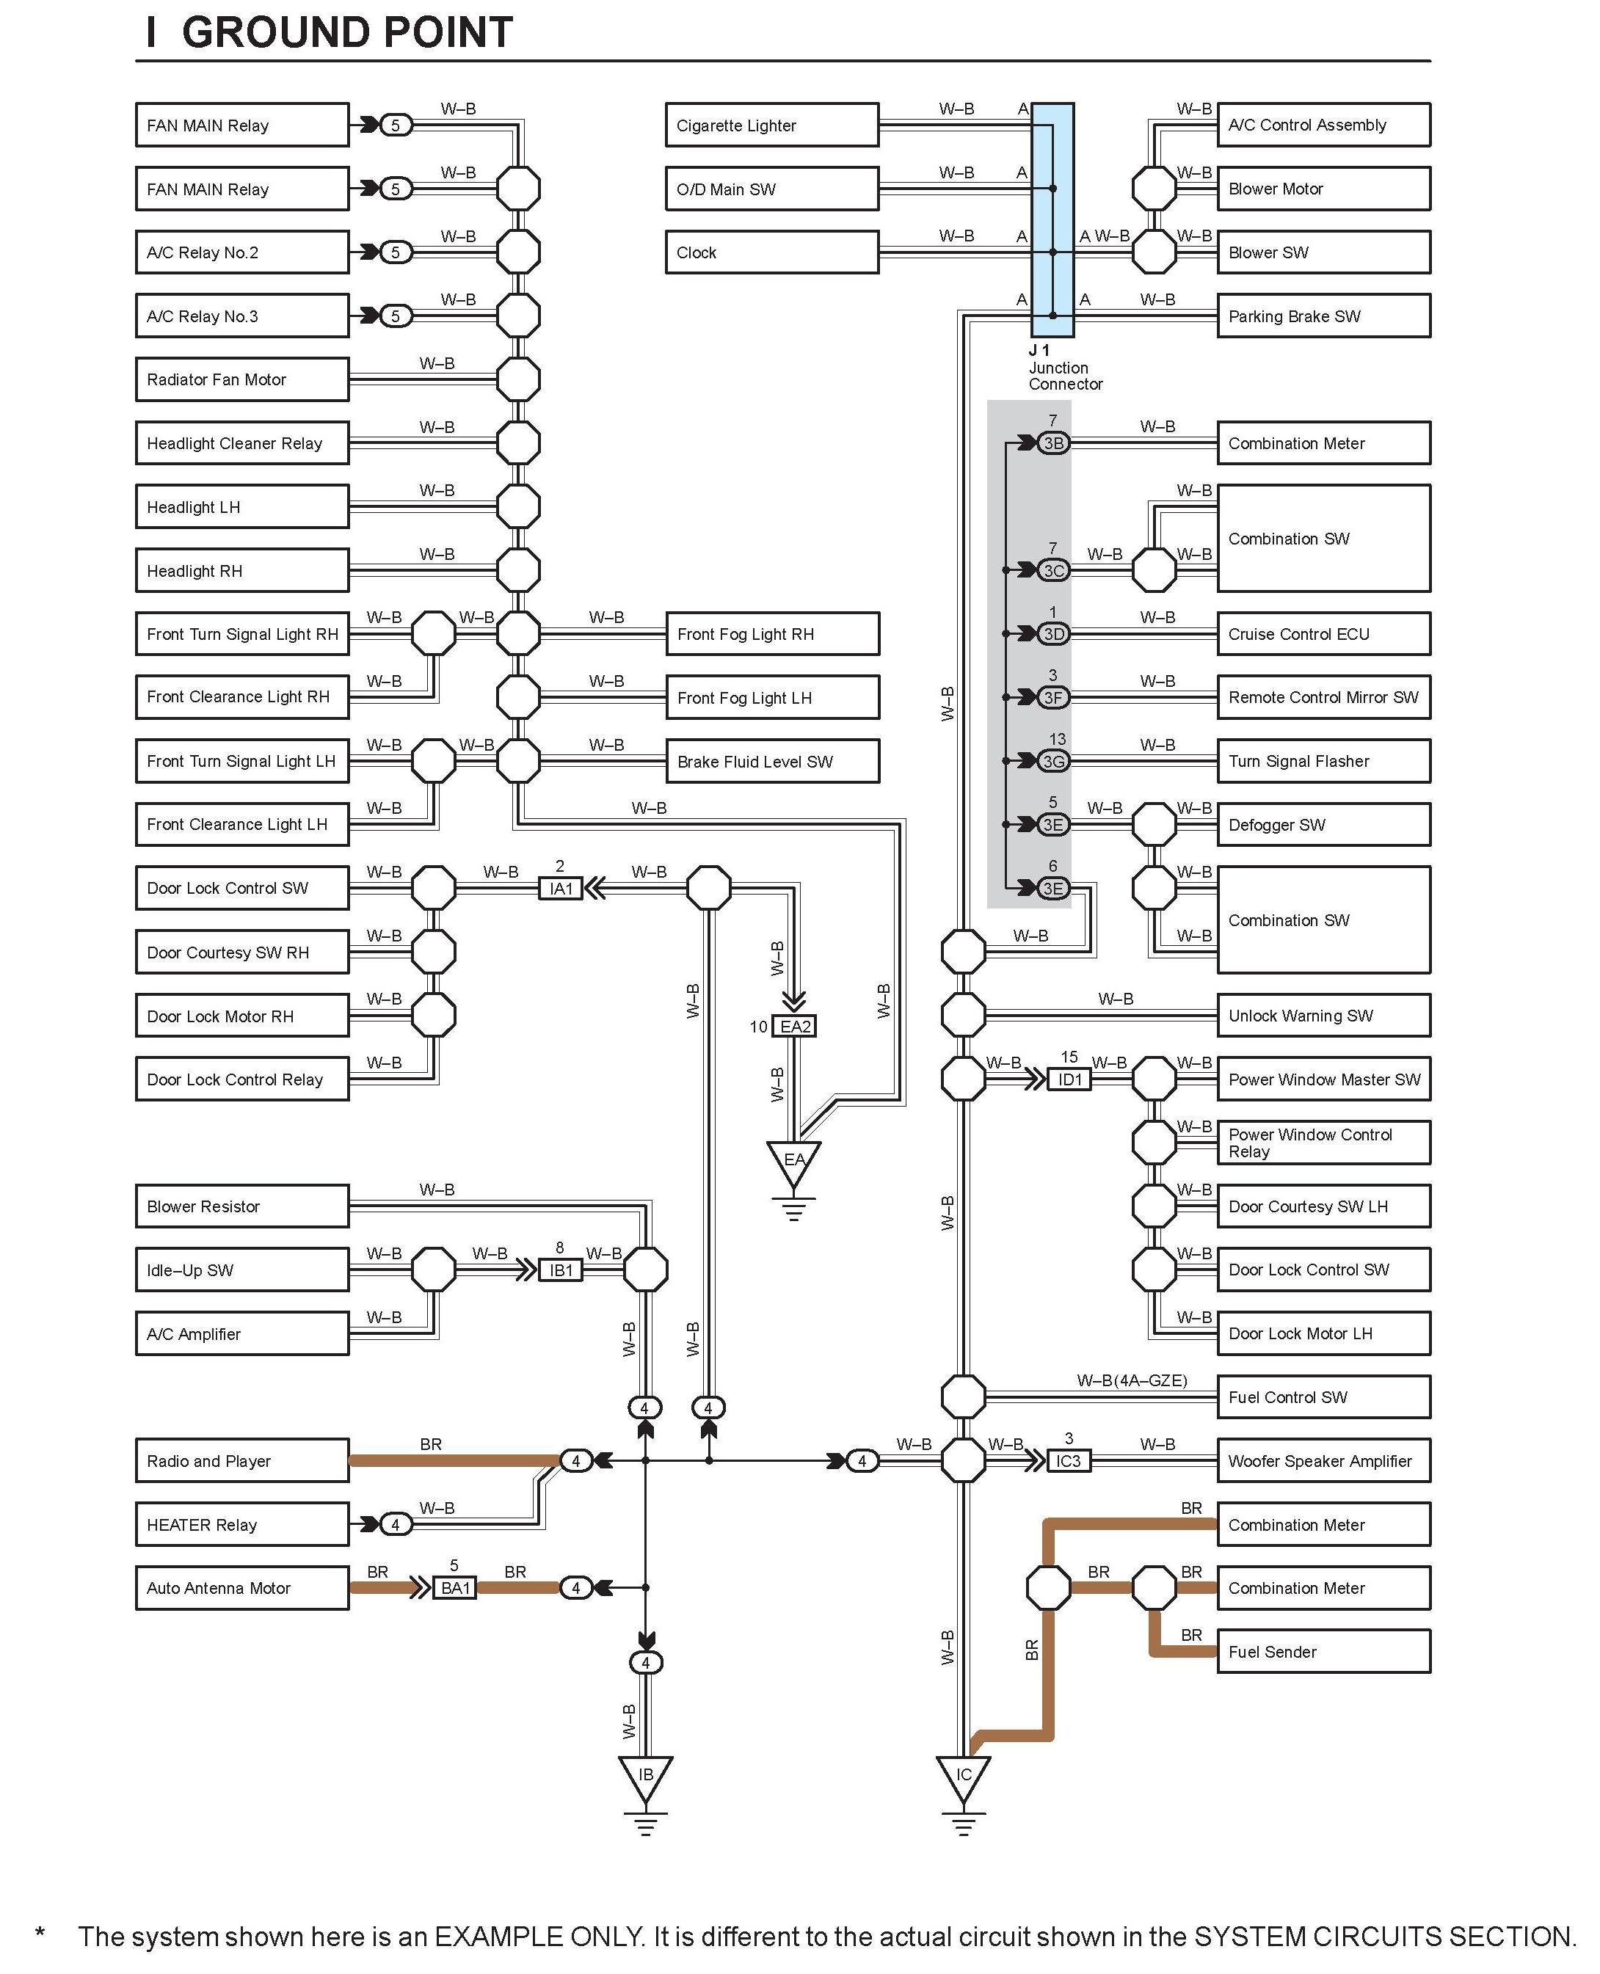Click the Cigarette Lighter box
click(x=771, y=125)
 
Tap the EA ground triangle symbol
click(x=793, y=1162)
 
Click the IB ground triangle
click(x=645, y=1776)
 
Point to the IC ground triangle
click(x=963, y=1776)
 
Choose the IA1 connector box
click(x=561, y=889)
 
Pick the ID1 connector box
click(x=1069, y=1079)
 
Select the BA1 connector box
click(x=454, y=1588)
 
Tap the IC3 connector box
click(x=1069, y=1460)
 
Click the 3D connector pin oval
click(x=1052, y=634)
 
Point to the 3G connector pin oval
click(x=1052, y=761)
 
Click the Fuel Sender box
click(x=1323, y=1651)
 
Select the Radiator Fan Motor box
click(x=241, y=379)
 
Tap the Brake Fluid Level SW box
click(x=771, y=761)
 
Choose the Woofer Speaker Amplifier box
click(x=1323, y=1460)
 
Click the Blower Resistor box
click(x=241, y=1206)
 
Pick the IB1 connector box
click(x=561, y=1270)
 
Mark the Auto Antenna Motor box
click(x=241, y=1588)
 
